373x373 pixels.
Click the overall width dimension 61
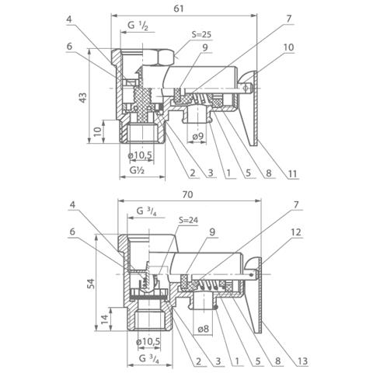[179, 9]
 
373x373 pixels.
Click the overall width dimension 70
[187, 194]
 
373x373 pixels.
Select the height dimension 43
[83, 97]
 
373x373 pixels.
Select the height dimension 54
[91, 284]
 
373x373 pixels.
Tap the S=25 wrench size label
[201, 34]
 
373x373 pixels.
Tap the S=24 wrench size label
[189, 220]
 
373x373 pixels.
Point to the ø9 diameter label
[198, 137]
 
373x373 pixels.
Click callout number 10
[288, 47]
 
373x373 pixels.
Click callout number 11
[292, 173]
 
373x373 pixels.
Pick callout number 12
[296, 232]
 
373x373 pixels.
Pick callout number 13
[302, 361]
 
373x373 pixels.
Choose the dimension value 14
[105, 319]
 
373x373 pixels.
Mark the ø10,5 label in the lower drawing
[148, 342]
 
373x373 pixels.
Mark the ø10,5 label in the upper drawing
[140, 155]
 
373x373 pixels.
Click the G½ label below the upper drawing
[137, 170]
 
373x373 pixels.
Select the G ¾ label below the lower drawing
[149, 359]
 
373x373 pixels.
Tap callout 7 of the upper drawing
[289, 19]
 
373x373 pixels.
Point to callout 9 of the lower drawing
[212, 232]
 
